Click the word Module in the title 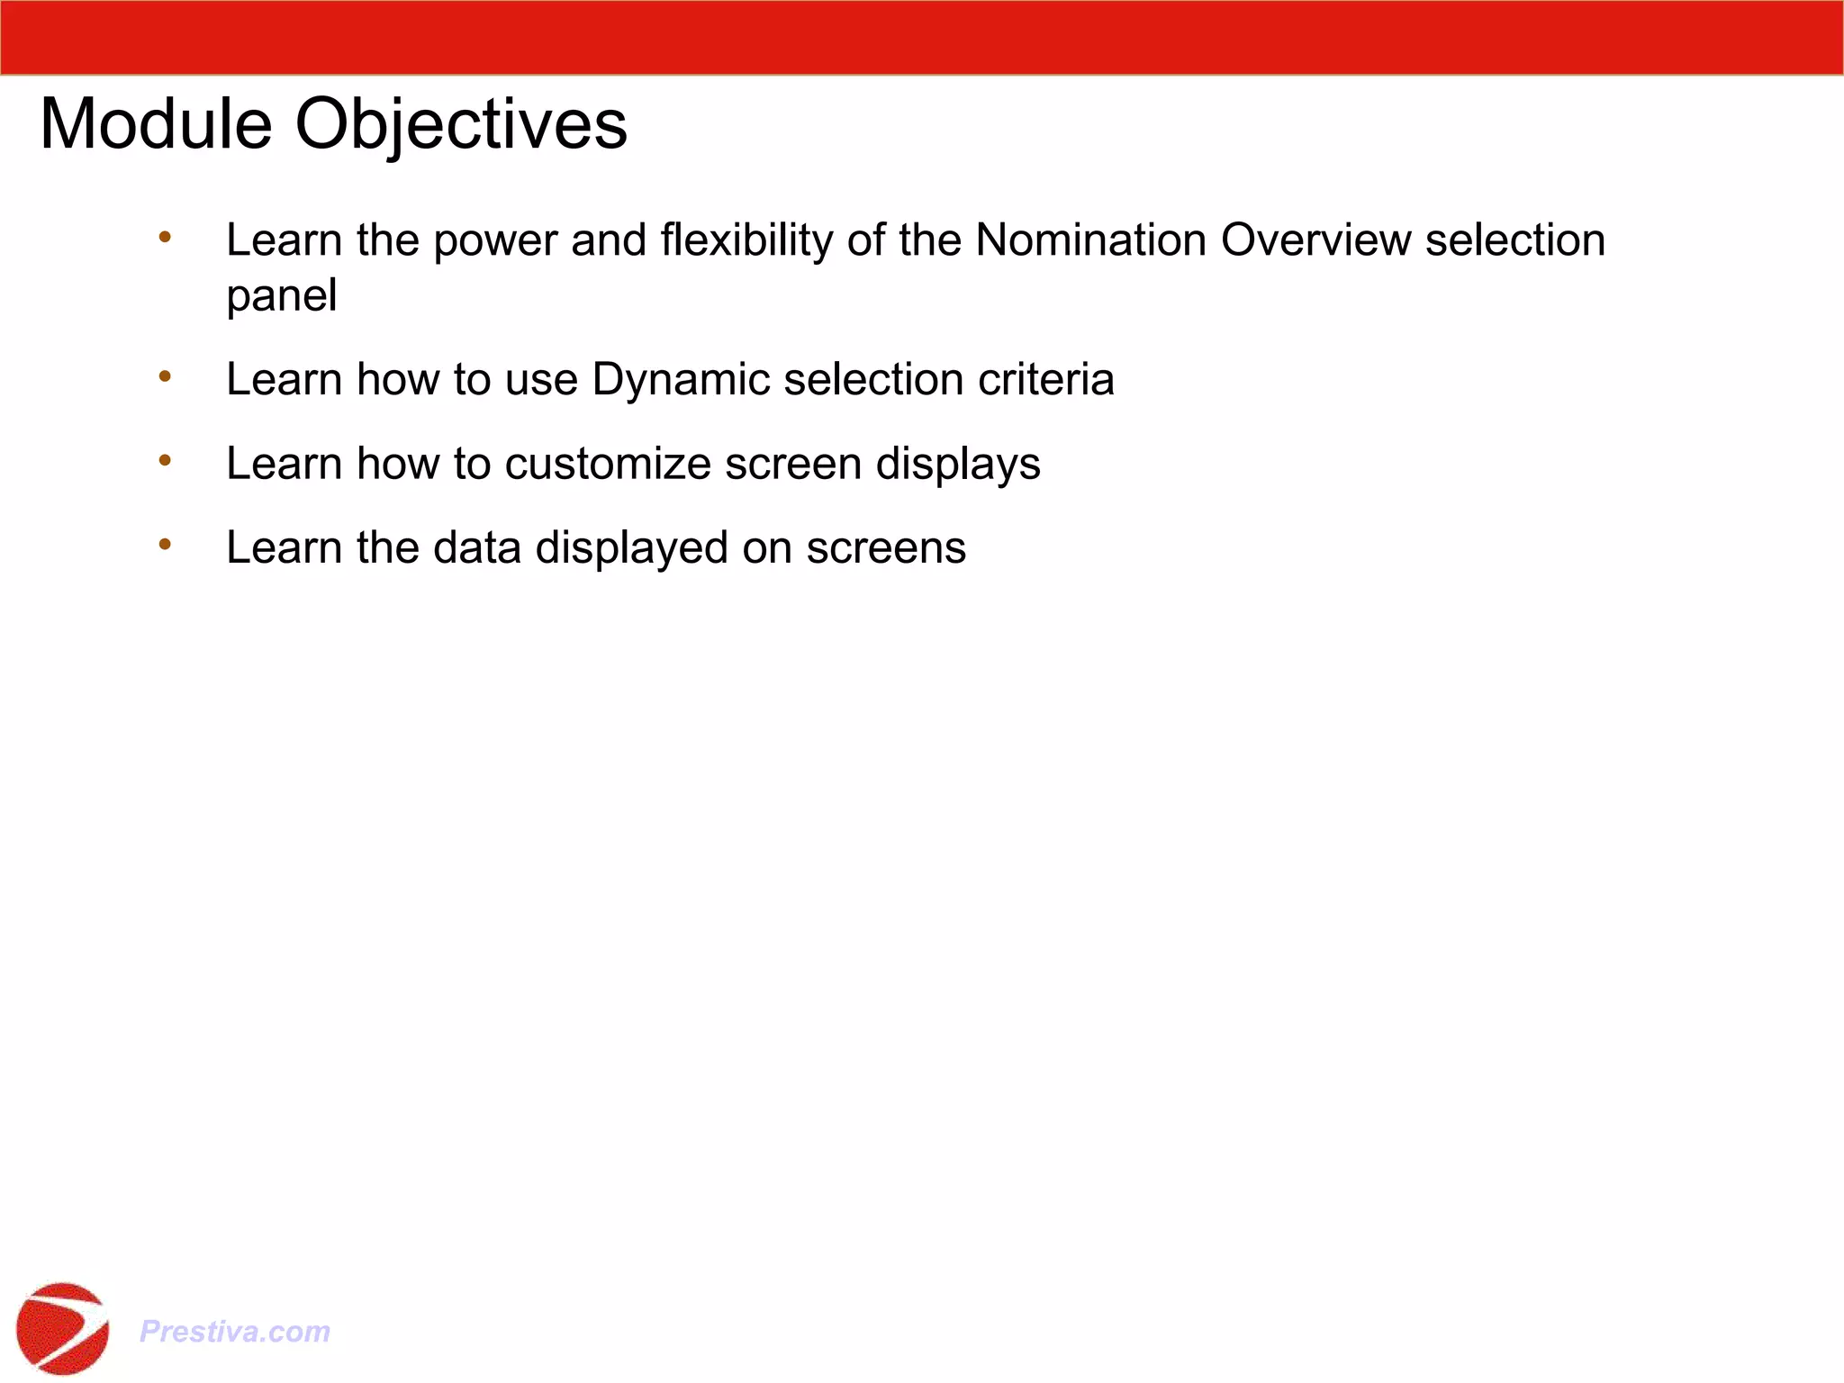pos(156,124)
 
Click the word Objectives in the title pos(461,124)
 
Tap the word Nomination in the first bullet pos(1090,240)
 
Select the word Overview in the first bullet pos(1315,240)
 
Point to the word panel pos(281,296)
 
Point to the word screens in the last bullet pos(885,547)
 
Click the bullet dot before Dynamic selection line pos(165,376)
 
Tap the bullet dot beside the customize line pos(165,460)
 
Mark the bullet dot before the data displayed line pos(165,544)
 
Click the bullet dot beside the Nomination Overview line pos(165,238)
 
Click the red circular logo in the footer pos(62,1328)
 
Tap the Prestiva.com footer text pos(235,1331)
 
